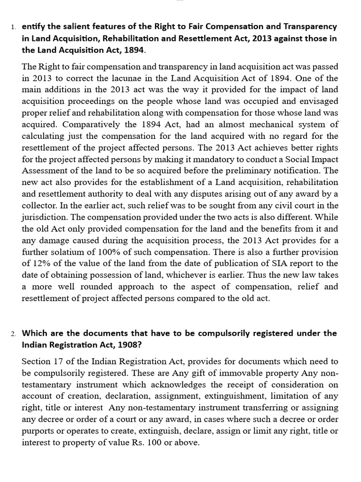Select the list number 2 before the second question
click(13, 334)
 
